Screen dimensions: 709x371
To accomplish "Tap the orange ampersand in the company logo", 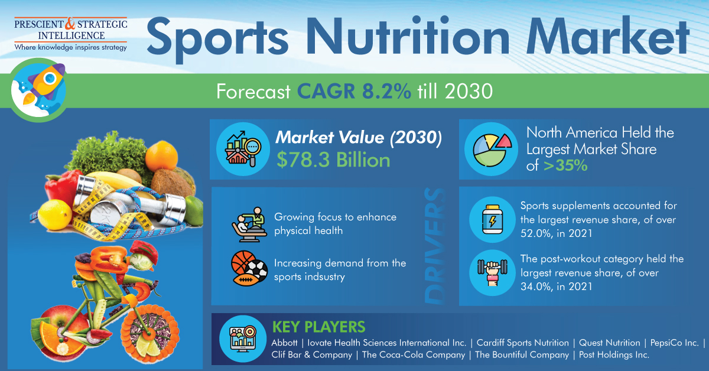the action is coord(70,24).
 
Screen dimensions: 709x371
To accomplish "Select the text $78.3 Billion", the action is coord(333,160).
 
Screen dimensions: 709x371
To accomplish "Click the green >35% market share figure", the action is coord(565,165).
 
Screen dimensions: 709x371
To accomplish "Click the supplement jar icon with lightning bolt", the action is coord(492,219).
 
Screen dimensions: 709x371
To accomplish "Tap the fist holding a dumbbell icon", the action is coord(492,273).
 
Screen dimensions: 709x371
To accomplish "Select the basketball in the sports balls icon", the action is coord(243,262).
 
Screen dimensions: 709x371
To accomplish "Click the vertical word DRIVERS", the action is coord(434,246).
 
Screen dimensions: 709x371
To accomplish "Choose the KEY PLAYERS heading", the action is coord(318,327).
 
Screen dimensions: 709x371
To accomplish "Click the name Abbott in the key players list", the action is coord(284,343).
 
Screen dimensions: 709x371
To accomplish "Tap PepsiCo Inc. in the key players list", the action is coord(675,343).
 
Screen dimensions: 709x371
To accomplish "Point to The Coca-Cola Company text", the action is coord(414,355).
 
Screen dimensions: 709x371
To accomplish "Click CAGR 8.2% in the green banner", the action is coord(354,92).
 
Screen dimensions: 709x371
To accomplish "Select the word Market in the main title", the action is coord(608,37).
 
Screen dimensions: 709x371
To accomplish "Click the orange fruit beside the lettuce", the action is coord(161,156).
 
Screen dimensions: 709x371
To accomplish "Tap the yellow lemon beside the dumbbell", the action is coord(55,214).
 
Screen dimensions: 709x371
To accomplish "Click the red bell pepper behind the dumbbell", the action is coord(61,187).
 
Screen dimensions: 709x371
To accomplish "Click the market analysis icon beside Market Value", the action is coord(243,149).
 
